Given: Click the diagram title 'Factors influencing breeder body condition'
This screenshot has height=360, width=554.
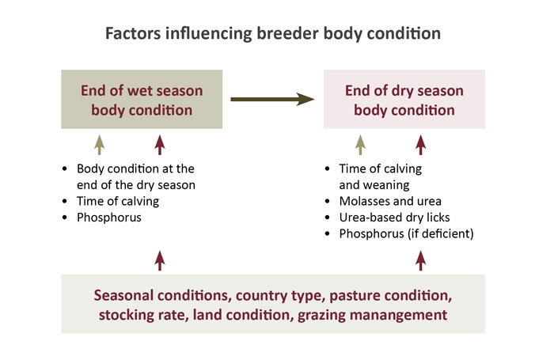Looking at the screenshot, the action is (x=273, y=34).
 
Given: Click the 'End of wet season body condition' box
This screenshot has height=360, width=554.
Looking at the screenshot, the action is (x=142, y=99).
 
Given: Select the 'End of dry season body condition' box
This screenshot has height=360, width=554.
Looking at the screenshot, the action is (x=404, y=99).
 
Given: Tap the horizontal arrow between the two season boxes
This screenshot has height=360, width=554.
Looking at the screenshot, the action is (x=272, y=99).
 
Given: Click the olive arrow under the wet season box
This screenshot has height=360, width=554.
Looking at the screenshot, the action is (x=100, y=145).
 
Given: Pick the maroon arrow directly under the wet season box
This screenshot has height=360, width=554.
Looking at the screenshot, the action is (x=160, y=145).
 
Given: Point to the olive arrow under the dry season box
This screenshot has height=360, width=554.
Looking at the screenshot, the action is (x=360, y=145).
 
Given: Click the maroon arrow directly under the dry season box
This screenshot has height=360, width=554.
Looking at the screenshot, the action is (x=420, y=145).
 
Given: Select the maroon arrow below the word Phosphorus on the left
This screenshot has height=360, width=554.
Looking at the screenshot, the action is (x=160, y=261).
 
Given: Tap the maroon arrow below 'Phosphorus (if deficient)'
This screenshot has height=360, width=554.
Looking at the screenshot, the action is (x=420, y=261).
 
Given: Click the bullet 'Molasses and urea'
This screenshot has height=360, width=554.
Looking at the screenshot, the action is (x=390, y=201).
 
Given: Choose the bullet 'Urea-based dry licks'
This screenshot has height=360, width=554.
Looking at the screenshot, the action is (x=394, y=218).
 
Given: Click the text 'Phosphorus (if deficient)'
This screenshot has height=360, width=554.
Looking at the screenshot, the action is (x=406, y=233).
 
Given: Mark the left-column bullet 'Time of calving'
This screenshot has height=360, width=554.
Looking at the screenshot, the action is (x=118, y=201).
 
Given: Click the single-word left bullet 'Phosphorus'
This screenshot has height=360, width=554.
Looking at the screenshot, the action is (x=109, y=218).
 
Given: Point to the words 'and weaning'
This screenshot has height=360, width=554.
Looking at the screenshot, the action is (x=374, y=185).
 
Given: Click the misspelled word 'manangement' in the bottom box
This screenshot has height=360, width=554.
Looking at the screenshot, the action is (x=398, y=315).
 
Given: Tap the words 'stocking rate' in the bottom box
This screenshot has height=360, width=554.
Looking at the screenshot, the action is (x=143, y=315).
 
